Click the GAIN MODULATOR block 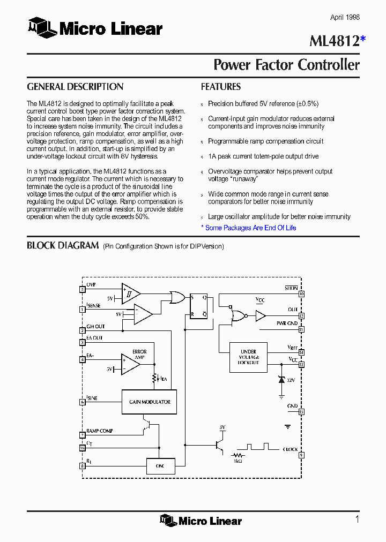click(150, 402)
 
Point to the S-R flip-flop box click(198, 306)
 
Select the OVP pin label click(91, 285)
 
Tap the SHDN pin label click(291, 288)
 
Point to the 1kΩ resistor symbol click(237, 457)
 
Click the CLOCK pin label click(291, 450)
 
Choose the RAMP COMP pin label click(99, 431)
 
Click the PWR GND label click(287, 323)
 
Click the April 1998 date click(345, 18)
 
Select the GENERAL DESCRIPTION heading click(75, 87)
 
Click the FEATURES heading click(220, 87)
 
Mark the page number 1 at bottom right click(357, 519)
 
